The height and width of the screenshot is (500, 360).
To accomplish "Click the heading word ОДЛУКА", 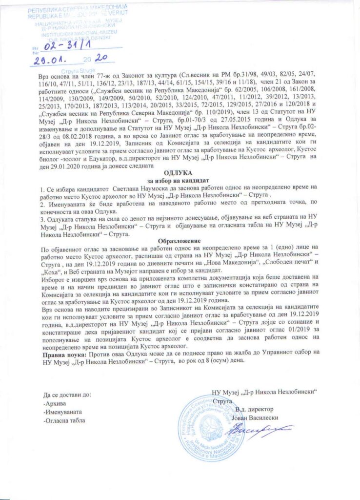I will (178, 173).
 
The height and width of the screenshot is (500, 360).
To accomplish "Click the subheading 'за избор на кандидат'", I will (178, 180).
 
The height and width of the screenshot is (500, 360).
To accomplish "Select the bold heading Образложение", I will (178, 240).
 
